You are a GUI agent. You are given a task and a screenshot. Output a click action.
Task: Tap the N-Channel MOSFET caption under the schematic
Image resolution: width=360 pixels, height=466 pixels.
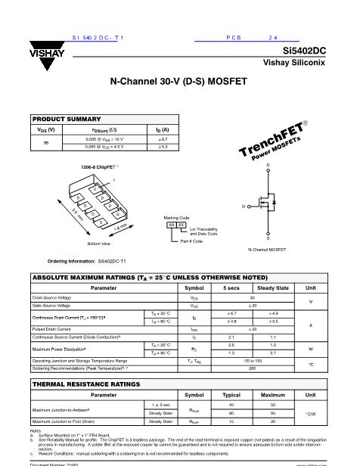(267, 250)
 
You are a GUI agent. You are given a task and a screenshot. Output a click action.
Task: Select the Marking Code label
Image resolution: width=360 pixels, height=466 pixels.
(175, 217)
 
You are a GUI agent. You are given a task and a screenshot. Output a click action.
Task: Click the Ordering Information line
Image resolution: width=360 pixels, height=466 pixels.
(86, 260)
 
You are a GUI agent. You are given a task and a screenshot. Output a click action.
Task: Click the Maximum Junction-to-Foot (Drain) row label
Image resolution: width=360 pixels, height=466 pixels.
(63, 421)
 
